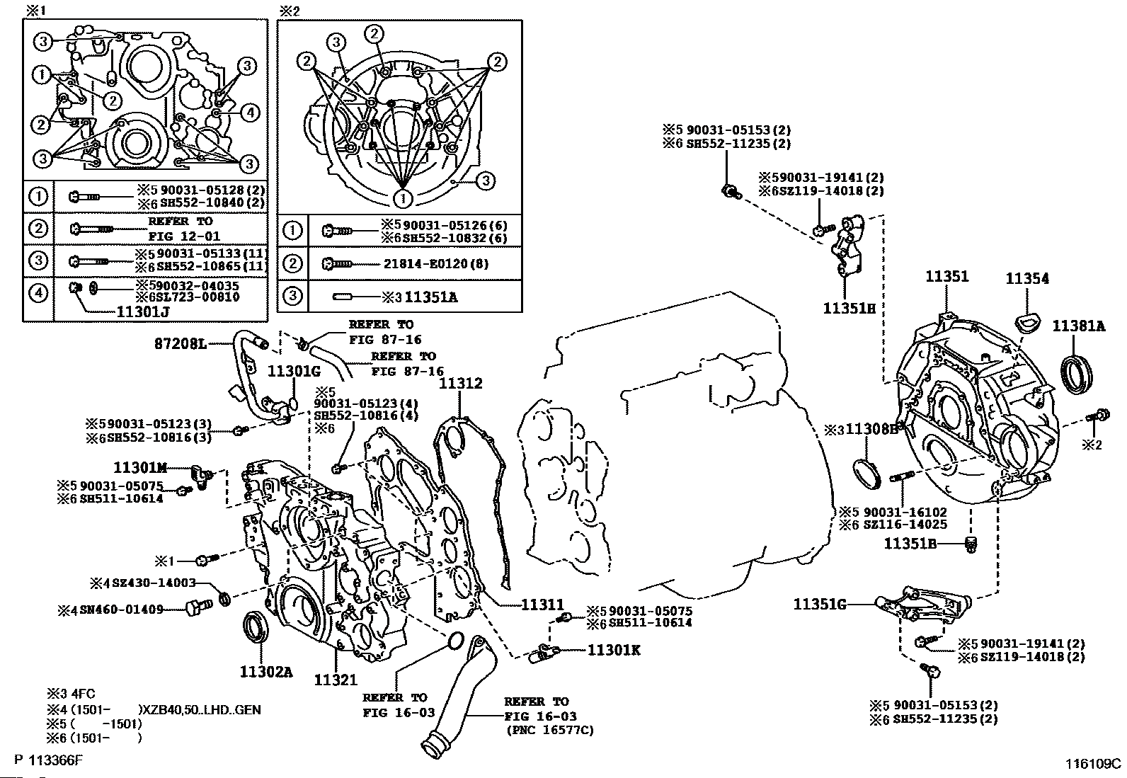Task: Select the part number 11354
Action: (1027, 280)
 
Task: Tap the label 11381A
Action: (1077, 326)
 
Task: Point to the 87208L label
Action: (181, 344)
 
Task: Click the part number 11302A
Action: (265, 672)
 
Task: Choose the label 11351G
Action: (819, 605)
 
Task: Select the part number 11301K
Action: (613, 649)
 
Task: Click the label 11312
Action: (460, 384)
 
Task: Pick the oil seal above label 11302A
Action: (255, 629)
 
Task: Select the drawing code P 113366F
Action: (47, 761)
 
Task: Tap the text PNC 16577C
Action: (549, 730)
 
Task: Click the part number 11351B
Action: (910, 544)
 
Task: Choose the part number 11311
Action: (542, 605)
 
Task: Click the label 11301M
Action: (140, 467)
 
